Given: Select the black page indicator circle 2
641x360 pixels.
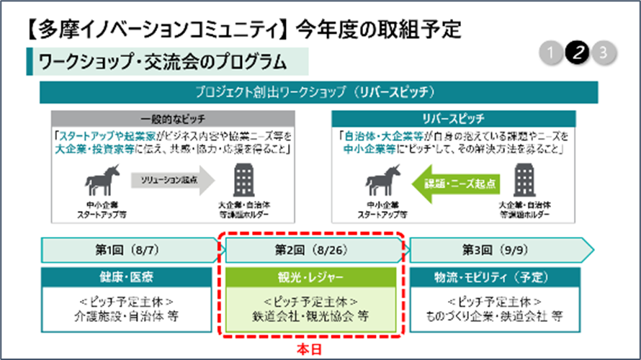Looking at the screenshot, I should pyautogui.click(x=578, y=53).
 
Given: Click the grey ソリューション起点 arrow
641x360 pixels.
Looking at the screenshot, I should pyautogui.click(x=171, y=179).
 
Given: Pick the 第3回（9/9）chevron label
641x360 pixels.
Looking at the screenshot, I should pyautogui.click(x=497, y=250).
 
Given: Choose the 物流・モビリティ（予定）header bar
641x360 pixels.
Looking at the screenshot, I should pyautogui.click(x=497, y=277).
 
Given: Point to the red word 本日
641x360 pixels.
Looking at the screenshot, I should pyautogui.click(x=310, y=348).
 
